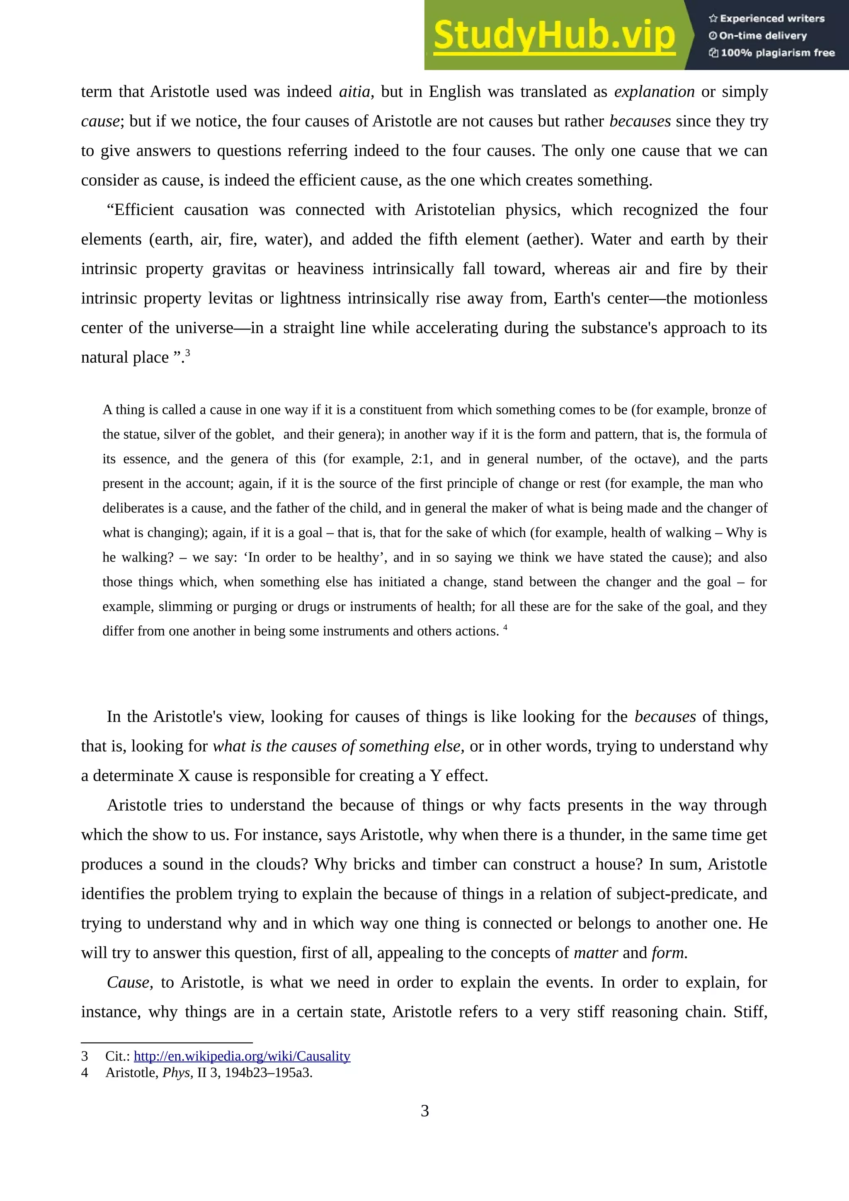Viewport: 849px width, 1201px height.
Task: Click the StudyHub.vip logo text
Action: pyautogui.click(x=554, y=36)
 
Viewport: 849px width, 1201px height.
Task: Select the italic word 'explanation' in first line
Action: pyautogui.click(x=654, y=92)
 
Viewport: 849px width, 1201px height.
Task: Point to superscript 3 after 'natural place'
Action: pyautogui.click(x=188, y=353)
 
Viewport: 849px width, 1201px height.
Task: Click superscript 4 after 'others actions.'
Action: pyautogui.click(x=505, y=627)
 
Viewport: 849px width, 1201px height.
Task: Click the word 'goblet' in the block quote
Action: pyautogui.click(x=255, y=434)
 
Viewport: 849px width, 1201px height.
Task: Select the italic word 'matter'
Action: pyautogui.click(x=596, y=953)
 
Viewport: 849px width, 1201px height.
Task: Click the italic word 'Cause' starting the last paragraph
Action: pyautogui.click(x=129, y=982)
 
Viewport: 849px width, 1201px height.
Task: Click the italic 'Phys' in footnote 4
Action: pyautogui.click(x=176, y=1073)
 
